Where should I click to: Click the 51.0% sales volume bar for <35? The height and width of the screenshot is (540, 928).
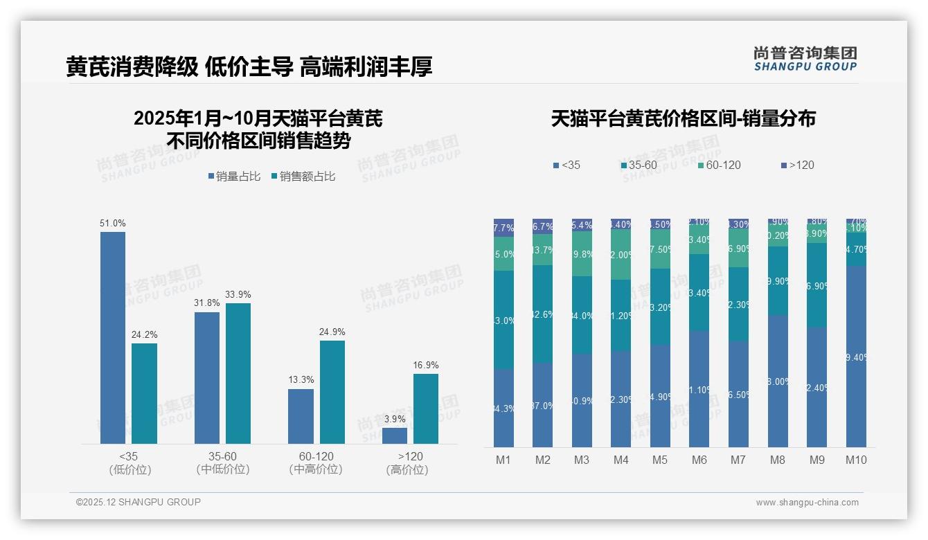[x=113, y=338]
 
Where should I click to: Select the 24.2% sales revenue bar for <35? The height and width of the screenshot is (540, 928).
[x=144, y=393]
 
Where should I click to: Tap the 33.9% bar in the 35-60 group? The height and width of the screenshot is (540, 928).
[x=238, y=373]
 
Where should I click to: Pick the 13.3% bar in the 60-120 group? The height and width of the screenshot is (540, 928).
[x=301, y=416]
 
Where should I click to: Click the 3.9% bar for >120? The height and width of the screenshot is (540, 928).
[x=395, y=435]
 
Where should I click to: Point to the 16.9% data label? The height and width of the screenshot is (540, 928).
[x=426, y=365]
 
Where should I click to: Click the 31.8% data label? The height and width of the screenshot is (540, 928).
[x=207, y=303]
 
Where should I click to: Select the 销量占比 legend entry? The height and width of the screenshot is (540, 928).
[x=234, y=177]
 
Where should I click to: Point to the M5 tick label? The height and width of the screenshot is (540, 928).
[x=660, y=460]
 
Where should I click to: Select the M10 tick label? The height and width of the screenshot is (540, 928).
[x=856, y=460]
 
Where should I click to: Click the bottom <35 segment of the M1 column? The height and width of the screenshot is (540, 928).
[x=503, y=408]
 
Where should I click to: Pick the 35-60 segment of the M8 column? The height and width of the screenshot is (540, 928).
[x=778, y=281]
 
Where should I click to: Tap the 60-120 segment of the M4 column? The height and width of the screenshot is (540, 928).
[x=621, y=254]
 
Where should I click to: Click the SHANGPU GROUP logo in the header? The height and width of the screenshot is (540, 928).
[x=805, y=59]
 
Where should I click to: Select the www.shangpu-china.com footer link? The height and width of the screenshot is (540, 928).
[x=807, y=503]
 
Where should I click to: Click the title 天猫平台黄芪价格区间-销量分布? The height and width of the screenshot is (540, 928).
[x=683, y=118]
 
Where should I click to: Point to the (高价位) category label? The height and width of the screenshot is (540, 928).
[x=407, y=469]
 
